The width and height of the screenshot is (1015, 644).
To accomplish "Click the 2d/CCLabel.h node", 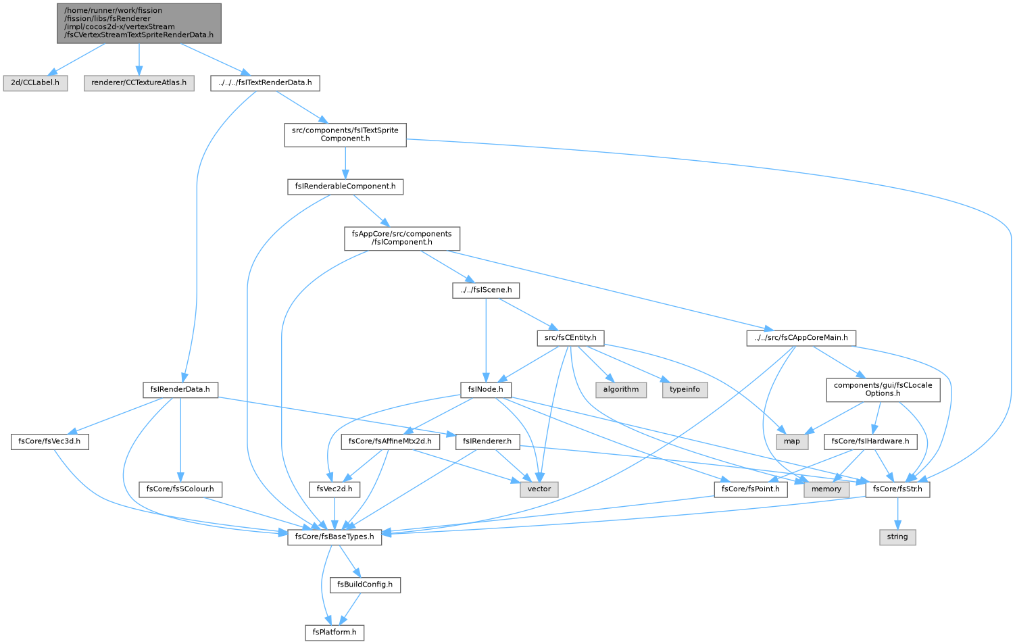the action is (35, 83).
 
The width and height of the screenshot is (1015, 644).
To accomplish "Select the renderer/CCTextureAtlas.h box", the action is (139, 83).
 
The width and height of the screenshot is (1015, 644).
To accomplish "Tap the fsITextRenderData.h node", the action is (265, 83).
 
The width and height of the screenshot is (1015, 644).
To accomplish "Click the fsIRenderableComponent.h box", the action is (345, 187).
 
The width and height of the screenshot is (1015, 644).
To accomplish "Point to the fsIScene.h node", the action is (486, 290).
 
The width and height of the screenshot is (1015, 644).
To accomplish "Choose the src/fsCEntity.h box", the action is (570, 338).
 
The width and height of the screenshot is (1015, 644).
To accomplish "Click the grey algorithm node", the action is (621, 390).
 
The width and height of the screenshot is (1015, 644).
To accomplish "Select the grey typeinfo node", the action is (685, 390).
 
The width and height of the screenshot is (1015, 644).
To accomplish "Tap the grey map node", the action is (792, 441).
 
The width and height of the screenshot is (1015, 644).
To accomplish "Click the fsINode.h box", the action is (486, 390).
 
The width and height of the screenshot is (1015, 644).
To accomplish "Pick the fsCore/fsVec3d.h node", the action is (50, 441).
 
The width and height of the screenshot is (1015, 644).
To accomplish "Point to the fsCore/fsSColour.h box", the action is (180, 489).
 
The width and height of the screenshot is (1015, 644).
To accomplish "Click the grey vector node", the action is (539, 489).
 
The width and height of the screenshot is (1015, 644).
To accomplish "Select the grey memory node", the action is (826, 489).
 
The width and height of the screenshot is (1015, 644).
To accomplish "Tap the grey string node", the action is (897, 537).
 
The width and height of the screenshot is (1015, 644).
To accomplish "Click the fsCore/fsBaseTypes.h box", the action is (335, 537).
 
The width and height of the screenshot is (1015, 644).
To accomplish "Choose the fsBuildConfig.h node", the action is (365, 585).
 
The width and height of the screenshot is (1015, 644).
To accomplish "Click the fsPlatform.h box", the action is (335, 633).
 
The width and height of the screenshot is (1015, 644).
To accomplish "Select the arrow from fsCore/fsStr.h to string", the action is (897, 514).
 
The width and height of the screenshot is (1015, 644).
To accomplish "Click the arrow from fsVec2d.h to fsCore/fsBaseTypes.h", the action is (335, 514).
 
